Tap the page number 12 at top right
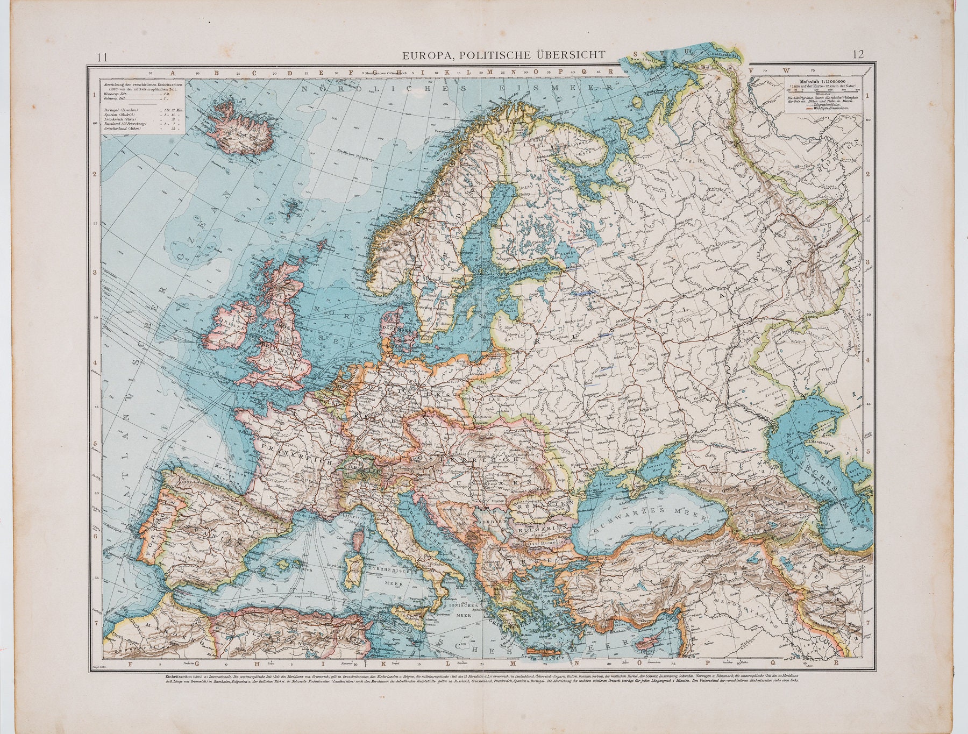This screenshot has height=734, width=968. (858, 54)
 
